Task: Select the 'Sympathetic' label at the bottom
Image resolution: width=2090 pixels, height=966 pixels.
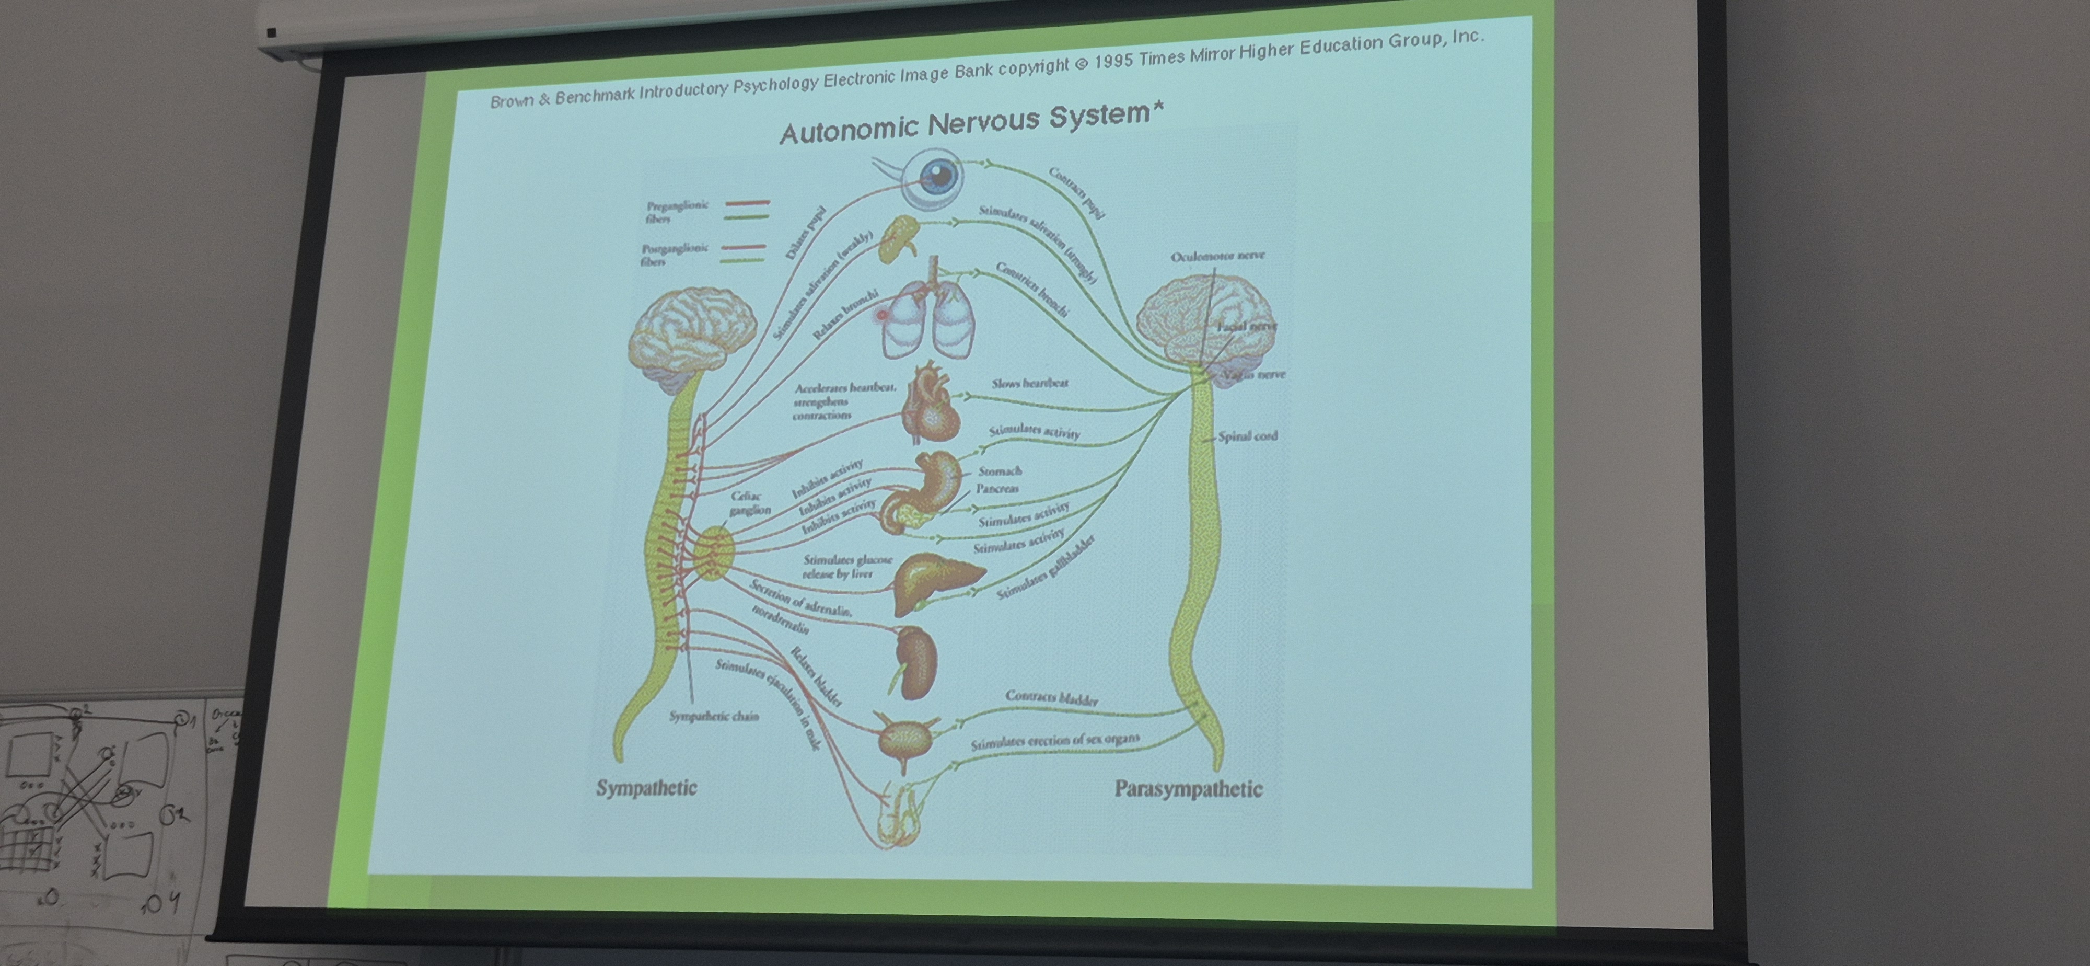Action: pos(647,787)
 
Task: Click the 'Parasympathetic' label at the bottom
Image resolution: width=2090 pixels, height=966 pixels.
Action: pos(1188,789)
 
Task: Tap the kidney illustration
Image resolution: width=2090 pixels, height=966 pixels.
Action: pos(915,662)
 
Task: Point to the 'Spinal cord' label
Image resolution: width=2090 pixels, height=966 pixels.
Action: pos(1247,436)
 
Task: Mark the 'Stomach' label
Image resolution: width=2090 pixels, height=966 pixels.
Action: pos(1000,471)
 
